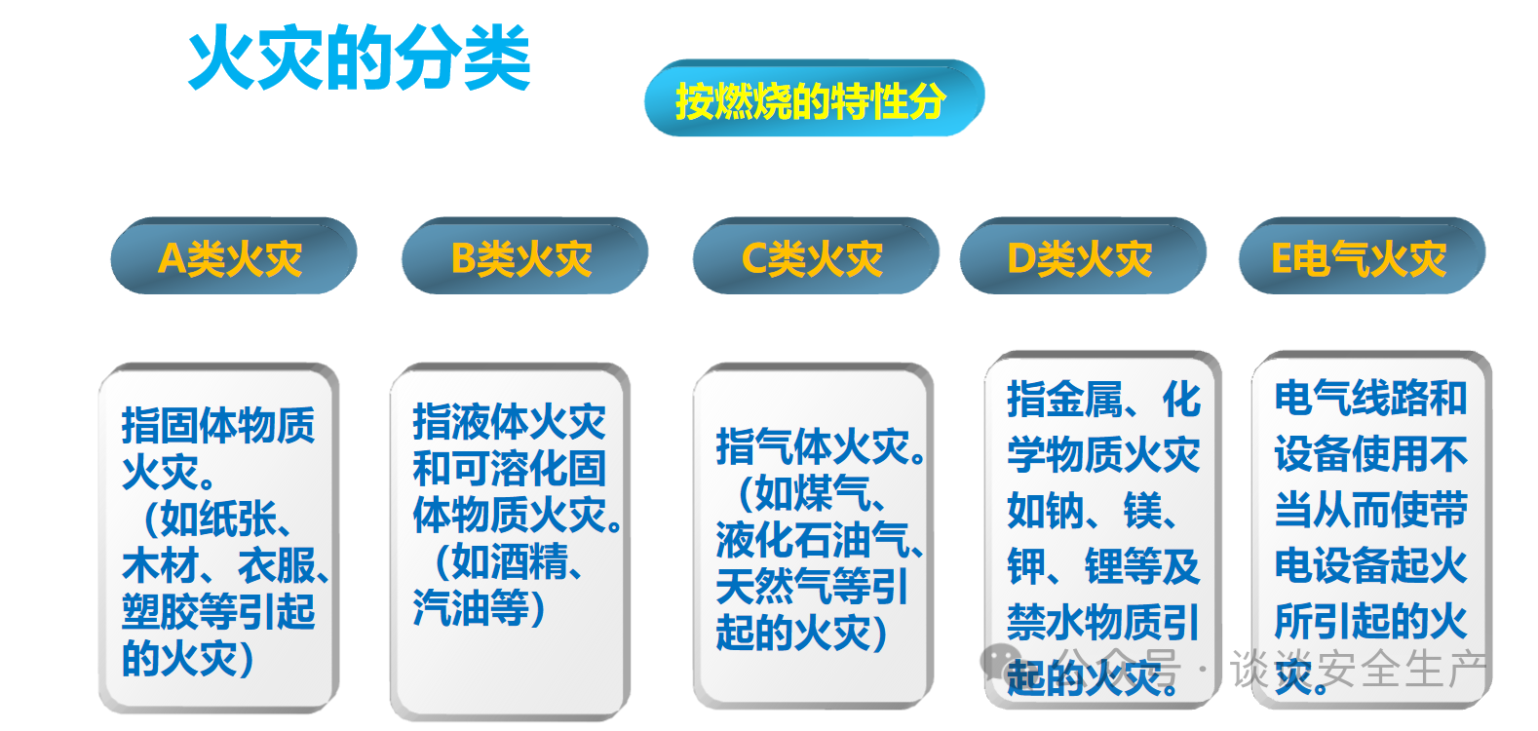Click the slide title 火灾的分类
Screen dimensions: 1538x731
coord(359,58)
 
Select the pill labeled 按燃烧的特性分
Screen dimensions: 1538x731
coord(814,98)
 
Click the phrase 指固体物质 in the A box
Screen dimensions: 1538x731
coord(218,425)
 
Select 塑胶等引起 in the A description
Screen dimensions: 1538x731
coord(218,611)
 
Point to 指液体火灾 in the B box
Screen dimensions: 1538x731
coord(509,421)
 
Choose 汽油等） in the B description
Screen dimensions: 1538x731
coord(480,608)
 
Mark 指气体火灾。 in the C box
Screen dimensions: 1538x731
coord(822,446)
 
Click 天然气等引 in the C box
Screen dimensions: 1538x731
coord(812,586)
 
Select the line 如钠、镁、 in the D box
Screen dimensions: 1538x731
coord(1094,511)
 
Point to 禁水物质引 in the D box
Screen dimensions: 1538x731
coord(1102,623)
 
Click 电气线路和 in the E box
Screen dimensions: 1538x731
coord(1370,398)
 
